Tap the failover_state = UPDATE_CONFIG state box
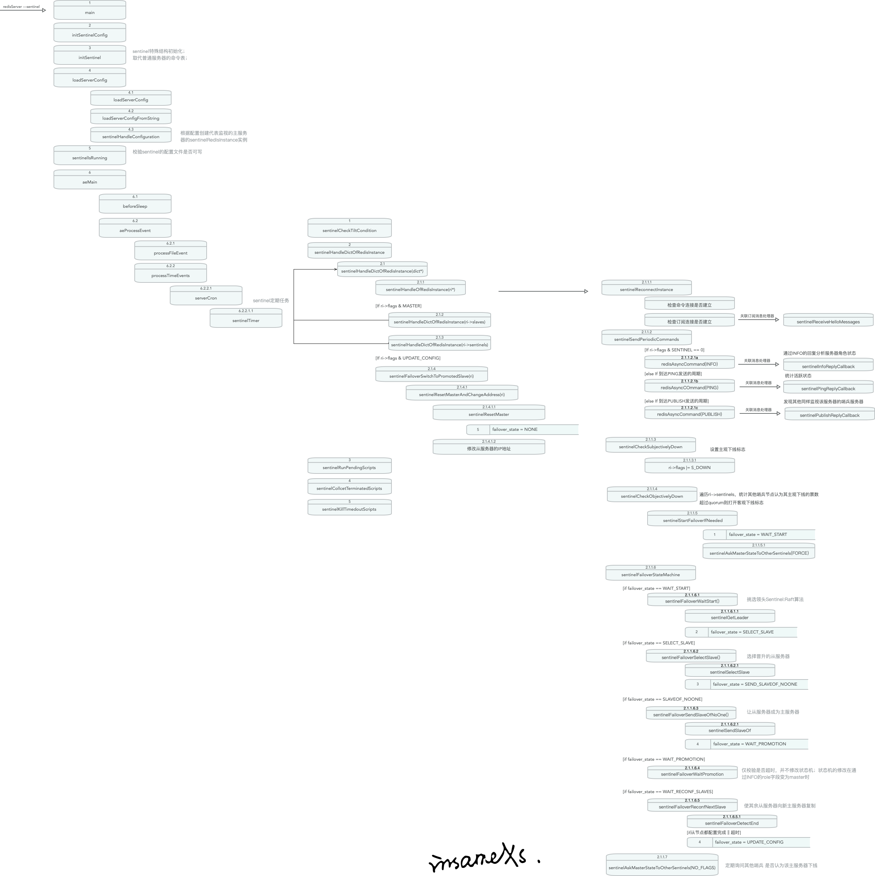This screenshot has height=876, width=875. tap(748, 842)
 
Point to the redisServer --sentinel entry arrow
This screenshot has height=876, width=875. tap(23, 10)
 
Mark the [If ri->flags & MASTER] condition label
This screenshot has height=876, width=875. tap(398, 306)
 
